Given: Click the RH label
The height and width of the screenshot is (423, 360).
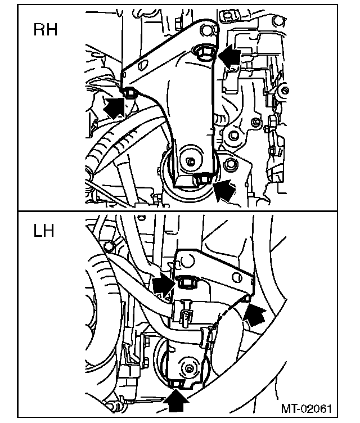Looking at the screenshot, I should click(46, 30).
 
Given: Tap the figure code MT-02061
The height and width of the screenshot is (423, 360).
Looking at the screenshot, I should click(308, 408).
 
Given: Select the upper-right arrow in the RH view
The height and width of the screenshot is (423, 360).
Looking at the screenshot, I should click(229, 56).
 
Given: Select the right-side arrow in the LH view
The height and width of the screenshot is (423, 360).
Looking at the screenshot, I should click(254, 316).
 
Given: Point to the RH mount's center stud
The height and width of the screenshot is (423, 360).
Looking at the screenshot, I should click(191, 161).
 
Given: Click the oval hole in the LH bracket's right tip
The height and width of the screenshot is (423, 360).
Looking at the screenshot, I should click(246, 298).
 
